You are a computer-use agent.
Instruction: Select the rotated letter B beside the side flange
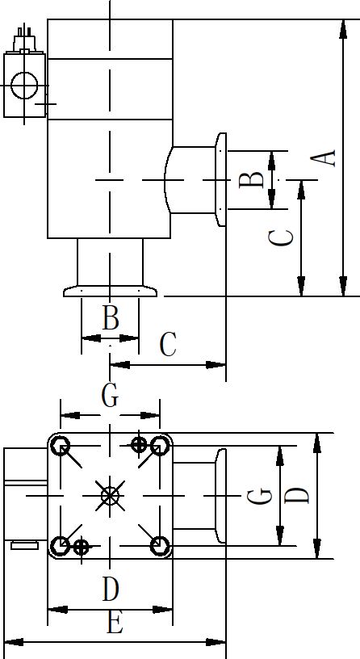click(251, 180)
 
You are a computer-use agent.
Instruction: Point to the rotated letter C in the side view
click(281, 238)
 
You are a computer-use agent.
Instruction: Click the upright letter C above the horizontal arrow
click(168, 344)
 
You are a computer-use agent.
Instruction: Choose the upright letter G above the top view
click(110, 396)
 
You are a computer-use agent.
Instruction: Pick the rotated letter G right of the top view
click(259, 496)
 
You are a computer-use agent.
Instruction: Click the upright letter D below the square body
click(111, 589)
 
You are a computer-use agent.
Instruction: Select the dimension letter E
click(115, 622)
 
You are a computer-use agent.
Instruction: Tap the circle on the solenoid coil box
click(24, 86)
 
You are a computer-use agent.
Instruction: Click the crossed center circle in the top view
click(110, 496)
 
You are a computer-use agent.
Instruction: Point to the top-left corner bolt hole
click(61, 446)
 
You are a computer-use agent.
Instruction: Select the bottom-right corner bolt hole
click(160, 545)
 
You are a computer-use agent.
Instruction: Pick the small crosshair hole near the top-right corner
click(139, 445)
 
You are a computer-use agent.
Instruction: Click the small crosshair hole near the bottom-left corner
click(82, 548)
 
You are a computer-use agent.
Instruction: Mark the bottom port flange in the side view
click(110, 292)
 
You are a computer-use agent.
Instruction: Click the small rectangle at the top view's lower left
click(24, 545)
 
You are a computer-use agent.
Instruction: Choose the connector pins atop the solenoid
click(24, 32)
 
